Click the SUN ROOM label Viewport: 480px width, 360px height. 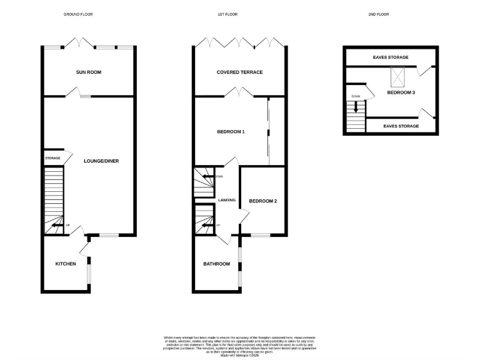88,72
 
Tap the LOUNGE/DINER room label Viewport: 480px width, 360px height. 101,161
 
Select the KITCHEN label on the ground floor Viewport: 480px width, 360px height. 66,264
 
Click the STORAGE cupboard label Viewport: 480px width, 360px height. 52,159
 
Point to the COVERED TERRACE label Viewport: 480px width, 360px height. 239,72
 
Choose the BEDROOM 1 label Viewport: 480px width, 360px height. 231,132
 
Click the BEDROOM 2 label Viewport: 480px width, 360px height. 263,201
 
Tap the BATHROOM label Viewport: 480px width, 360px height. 216,264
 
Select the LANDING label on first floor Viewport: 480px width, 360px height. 227,201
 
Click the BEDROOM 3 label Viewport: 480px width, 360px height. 401,92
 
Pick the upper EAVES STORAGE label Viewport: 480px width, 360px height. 391,57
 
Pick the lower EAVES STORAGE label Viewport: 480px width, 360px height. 401,126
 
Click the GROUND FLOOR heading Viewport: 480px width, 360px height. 78,14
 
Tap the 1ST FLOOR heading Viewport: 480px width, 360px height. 227,14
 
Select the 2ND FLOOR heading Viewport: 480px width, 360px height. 379,14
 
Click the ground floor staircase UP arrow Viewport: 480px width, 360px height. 56,225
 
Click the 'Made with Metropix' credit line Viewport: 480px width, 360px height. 240,355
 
